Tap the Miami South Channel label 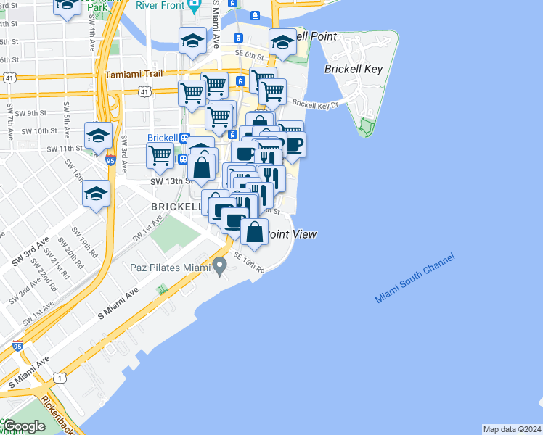(x=415, y=278)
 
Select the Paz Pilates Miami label (x=170, y=268)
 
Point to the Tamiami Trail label (x=136, y=75)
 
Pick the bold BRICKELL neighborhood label (x=176, y=207)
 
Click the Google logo (x=23, y=426)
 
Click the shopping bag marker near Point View (x=255, y=232)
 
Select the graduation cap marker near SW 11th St (x=98, y=135)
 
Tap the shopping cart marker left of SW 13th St (x=160, y=154)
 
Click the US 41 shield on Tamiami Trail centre (x=146, y=92)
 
